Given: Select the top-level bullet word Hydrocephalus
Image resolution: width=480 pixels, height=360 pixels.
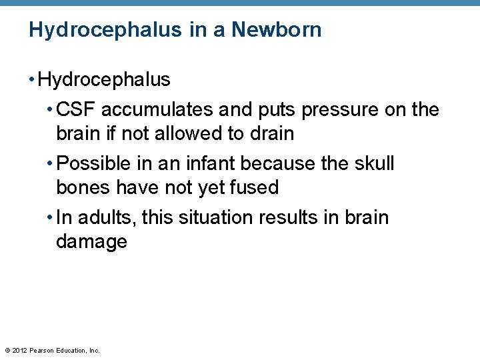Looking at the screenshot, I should pos(105,80).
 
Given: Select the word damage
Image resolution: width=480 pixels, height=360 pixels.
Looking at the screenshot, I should pos(91,241).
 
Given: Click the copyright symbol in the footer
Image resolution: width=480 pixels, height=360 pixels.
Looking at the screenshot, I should pos(7,350).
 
